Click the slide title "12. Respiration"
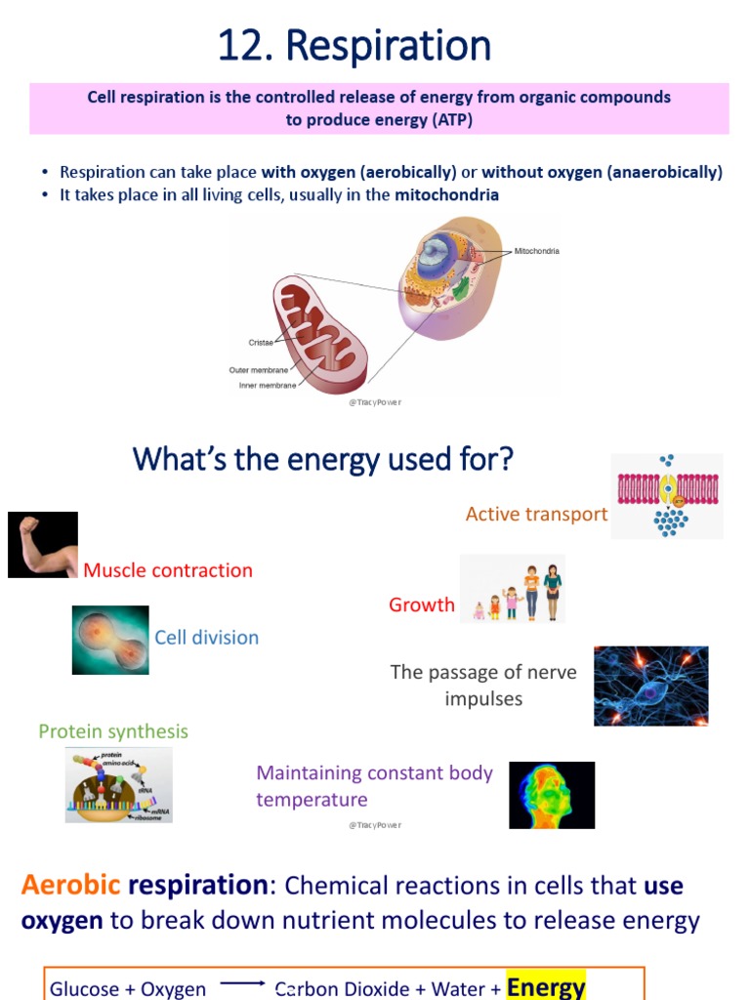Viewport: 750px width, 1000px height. [354, 46]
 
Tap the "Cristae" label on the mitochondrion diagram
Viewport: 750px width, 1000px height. [261, 343]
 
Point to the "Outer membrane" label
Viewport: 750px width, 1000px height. [259, 370]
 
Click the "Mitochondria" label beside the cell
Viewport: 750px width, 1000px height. [537, 251]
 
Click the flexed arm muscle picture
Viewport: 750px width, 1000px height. [43, 545]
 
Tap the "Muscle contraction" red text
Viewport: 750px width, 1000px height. [168, 570]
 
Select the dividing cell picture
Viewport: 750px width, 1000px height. [110, 640]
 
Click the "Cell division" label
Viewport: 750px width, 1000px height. [206, 638]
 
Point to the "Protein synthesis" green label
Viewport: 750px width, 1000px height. [113, 731]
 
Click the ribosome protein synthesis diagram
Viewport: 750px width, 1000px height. [118, 785]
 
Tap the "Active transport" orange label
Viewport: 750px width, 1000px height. [536, 514]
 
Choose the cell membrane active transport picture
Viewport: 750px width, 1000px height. [667, 496]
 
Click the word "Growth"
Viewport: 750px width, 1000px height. [422, 604]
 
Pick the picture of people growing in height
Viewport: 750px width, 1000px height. [513, 589]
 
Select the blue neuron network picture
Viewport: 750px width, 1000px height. [650, 686]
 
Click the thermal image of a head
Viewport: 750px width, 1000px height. [552, 795]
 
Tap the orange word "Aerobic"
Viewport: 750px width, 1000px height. [71, 886]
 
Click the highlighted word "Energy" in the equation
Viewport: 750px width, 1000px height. [546, 986]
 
